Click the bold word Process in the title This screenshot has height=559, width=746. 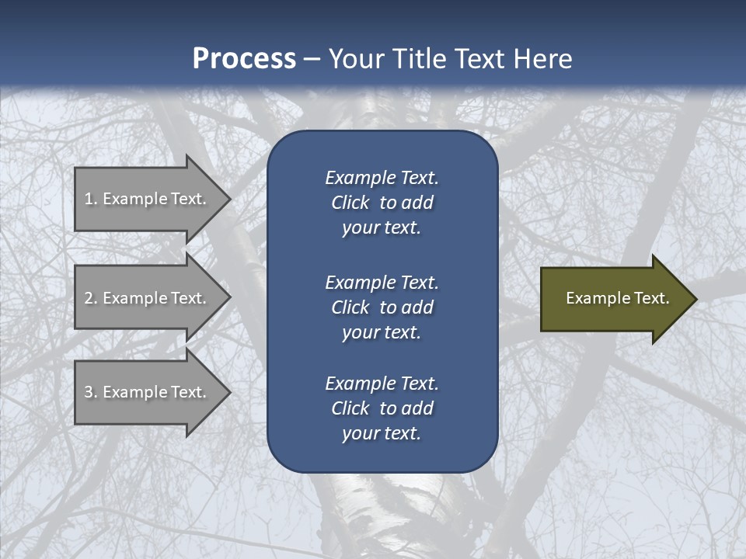[x=244, y=59]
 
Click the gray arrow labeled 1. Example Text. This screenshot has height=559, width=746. [x=148, y=199]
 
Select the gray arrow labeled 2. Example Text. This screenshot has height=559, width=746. [x=148, y=298]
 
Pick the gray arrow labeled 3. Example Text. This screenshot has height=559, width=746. [x=148, y=392]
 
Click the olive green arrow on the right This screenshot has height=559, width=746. [x=614, y=298]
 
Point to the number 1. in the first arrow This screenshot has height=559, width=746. [x=91, y=199]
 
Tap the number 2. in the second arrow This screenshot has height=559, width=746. [x=91, y=298]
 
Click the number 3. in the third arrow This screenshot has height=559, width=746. [x=91, y=392]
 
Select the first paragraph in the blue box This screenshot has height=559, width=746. [x=382, y=203]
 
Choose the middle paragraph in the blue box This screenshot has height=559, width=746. [x=382, y=307]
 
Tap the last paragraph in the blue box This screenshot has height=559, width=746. [x=382, y=408]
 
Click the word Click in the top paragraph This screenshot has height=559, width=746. [x=350, y=203]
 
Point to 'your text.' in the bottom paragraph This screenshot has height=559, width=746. [x=382, y=433]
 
